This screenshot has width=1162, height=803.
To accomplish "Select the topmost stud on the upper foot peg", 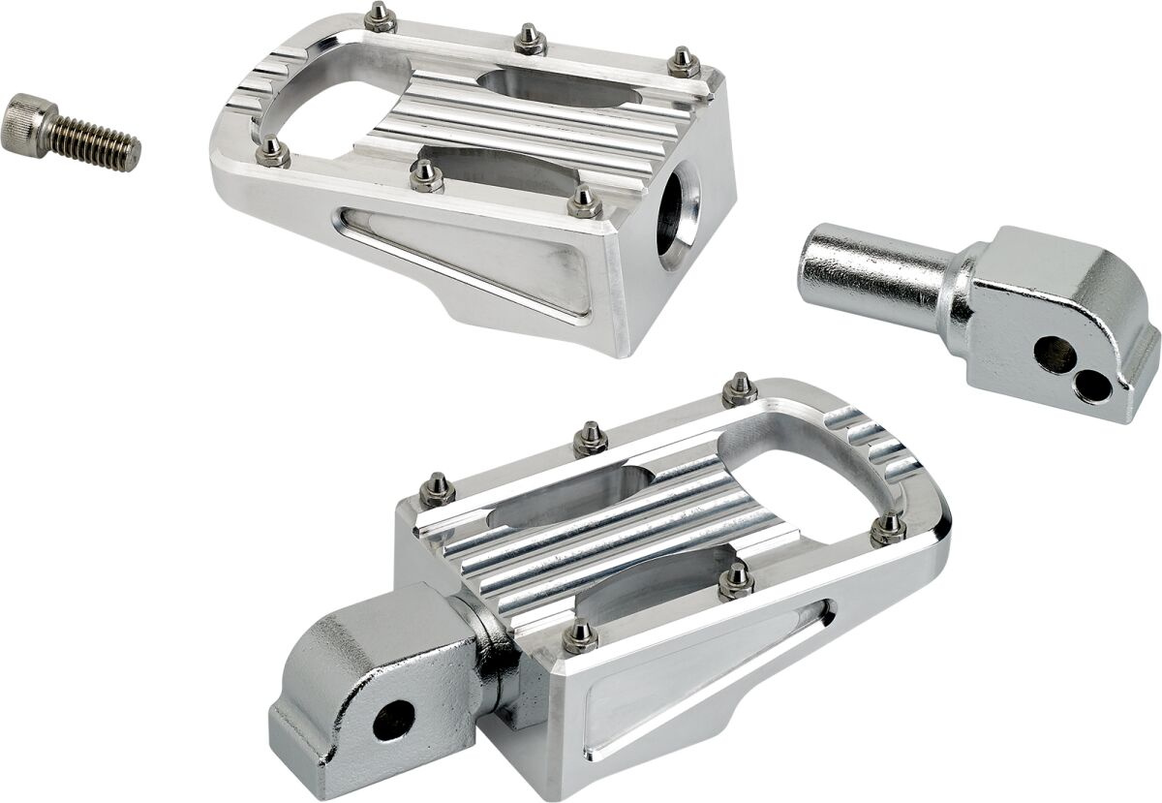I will click(x=379, y=17).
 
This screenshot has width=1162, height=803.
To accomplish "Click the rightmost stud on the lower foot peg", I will click(x=888, y=528).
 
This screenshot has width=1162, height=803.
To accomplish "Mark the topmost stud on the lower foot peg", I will click(x=740, y=388).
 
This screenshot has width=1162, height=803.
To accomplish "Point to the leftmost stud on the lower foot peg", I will click(x=438, y=488).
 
